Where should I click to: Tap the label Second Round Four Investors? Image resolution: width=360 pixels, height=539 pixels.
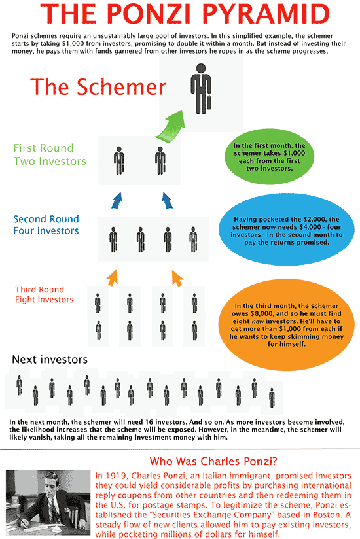(x=46, y=225)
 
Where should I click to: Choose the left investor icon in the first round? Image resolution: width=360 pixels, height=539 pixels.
(x=119, y=160)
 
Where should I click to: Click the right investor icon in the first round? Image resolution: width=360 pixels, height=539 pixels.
(x=160, y=160)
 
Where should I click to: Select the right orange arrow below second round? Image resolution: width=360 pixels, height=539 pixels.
(x=175, y=278)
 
